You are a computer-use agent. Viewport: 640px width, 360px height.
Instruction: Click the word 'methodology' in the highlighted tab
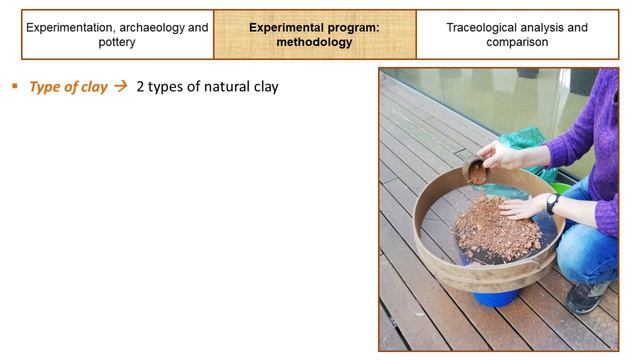coord(314,43)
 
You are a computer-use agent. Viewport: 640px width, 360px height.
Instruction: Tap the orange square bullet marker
coord(15,86)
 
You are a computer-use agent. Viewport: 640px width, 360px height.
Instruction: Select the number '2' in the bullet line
coord(141,87)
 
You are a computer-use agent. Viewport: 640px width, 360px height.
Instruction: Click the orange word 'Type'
coord(46,87)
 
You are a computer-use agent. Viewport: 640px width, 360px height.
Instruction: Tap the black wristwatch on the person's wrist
coord(552,203)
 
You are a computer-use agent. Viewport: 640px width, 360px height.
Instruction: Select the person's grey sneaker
coord(588,296)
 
